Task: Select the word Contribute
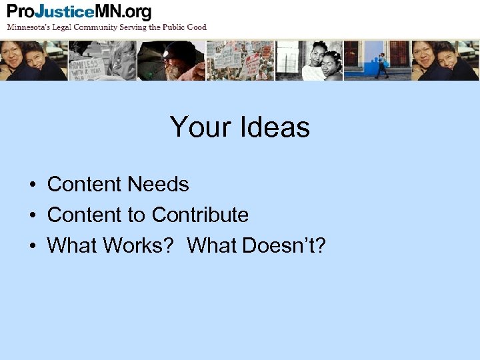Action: click(200, 215)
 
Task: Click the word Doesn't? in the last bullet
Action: click(284, 245)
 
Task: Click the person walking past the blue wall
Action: click(381, 65)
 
